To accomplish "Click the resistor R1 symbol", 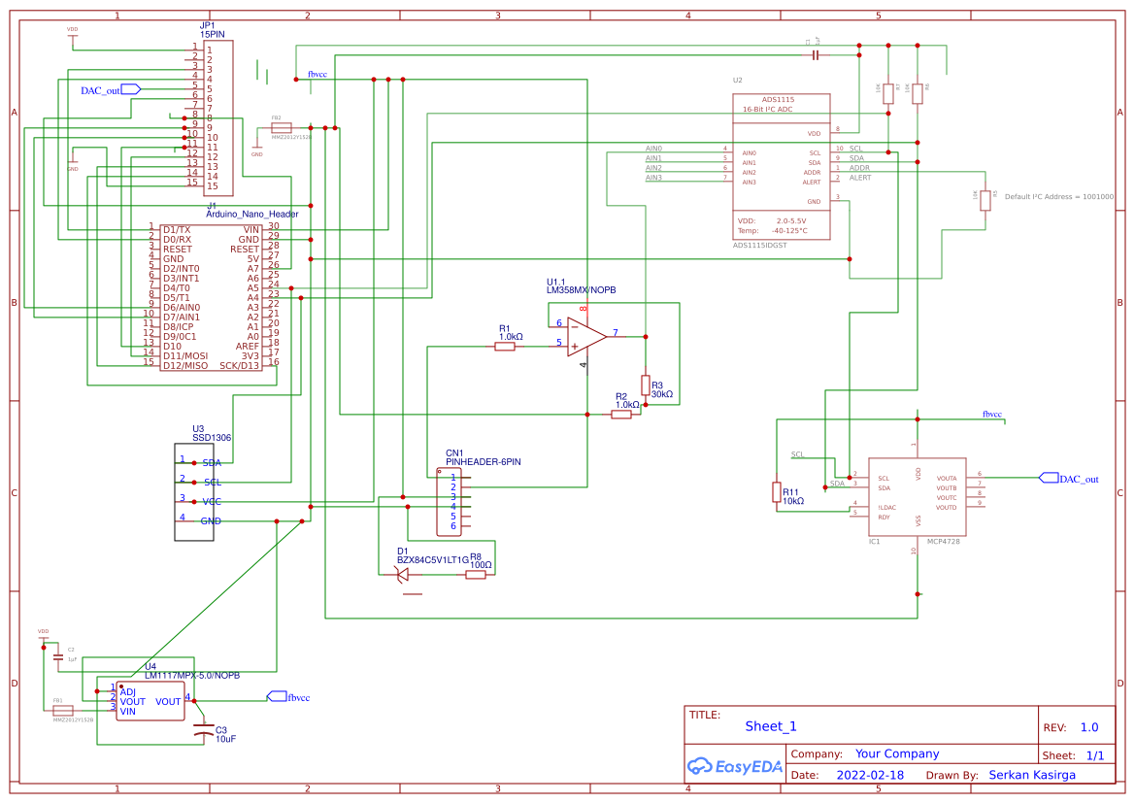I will click(504, 346).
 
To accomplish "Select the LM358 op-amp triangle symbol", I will click(586, 336).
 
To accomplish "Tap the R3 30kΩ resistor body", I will click(645, 384).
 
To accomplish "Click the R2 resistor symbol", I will click(621, 415).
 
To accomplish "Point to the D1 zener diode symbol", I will click(403, 574).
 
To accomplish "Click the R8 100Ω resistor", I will click(475, 575).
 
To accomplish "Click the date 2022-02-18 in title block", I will click(870, 776).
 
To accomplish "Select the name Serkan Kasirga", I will click(1032, 775).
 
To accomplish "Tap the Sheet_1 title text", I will click(771, 726).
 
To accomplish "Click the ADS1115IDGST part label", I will click(759, 246).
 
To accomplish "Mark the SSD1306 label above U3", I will click(211, 438).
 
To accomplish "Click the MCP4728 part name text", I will click(943, 541).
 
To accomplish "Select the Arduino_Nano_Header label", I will click(252, 214).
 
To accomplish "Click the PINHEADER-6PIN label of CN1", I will click(483, 462).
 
